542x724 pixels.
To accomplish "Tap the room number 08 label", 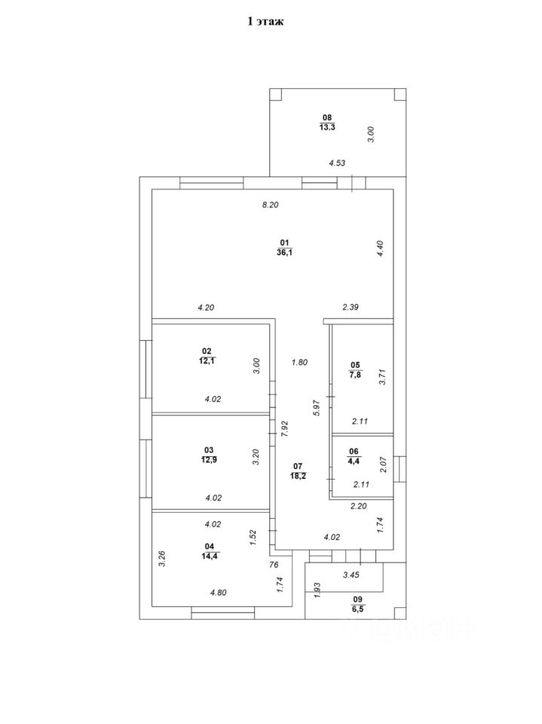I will pos(326,117).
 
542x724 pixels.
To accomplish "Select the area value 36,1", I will pos(284,253).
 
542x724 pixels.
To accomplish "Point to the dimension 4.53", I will pos(337,162).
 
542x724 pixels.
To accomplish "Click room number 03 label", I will pos(209,450).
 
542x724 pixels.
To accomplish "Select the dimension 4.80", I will pos(218,592).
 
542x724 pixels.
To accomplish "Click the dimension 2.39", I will pos(352,307).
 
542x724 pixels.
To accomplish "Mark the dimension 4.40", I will pos(381,249).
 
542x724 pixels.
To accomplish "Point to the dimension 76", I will pos(274,563).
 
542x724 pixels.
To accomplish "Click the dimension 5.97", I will pos(317,408).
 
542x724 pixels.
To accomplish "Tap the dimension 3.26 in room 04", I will pos(161,559).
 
